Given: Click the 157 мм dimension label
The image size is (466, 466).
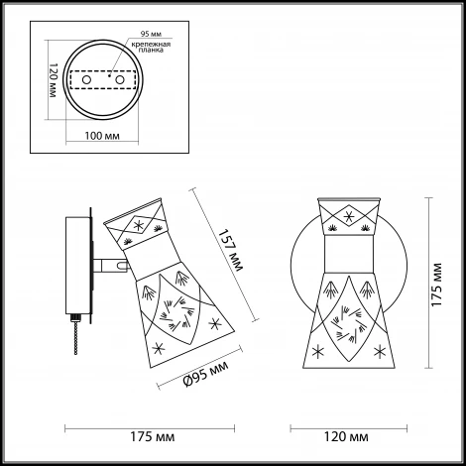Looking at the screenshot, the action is pyautogui.click(x=231, y=250).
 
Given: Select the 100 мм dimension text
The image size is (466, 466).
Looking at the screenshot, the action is pyautogui.click(x=102, y=136).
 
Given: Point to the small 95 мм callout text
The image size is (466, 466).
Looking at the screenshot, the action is pyautogui.click(x=151, y=34).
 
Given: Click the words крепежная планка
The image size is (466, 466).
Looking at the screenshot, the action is pyautogui.click(x=151, y=47).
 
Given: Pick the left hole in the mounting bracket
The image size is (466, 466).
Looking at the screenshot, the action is pyautogui.click(x=86, y=80).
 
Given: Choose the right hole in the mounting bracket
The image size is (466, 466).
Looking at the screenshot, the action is pyautogui.click(x=120, y=80).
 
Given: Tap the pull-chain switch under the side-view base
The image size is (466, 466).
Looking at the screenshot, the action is pyautogui.click(x=76, y=334).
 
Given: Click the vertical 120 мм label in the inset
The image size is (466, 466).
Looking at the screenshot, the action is pyautogui.click(x=53, y=80).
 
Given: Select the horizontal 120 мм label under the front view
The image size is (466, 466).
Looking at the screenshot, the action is pyautogui.click(x=346, y=436).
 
